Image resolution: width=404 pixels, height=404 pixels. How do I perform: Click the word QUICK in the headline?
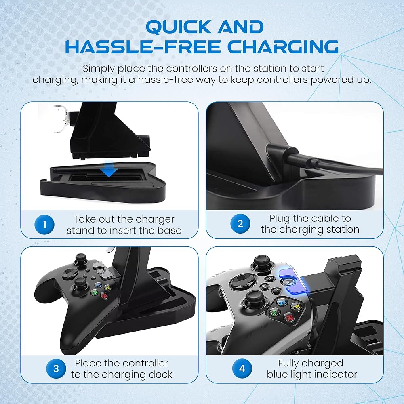click(x=178, y=27)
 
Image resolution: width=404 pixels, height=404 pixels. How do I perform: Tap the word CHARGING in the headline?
click(x=283, y=46)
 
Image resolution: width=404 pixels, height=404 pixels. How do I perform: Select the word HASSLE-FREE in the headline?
click(x=143, y=46)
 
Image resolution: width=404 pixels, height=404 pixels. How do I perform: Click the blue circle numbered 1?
click(x=44, y=224)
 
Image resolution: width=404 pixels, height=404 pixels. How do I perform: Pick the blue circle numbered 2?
click(x=240, y=224)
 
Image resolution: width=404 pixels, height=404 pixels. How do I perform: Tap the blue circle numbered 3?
click(x=56, y=369)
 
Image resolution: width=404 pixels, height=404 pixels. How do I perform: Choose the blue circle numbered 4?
click(x=242, y=368)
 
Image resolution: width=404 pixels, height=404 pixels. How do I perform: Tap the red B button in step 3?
click(x=104, y=296)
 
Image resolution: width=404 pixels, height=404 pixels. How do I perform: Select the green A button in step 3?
click(x=95, y=293)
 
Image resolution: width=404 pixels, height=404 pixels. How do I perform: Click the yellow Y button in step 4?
click(x=296, y=307)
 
